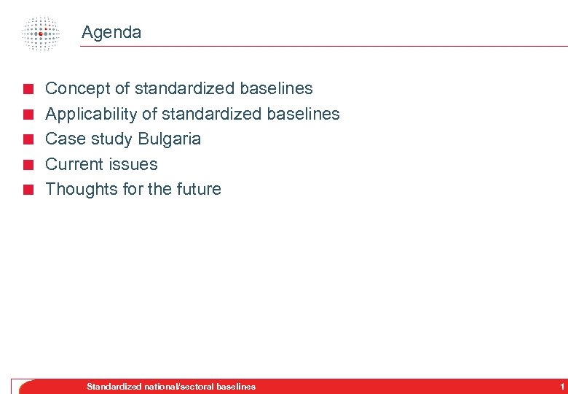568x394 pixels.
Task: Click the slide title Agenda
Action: click(111, 32)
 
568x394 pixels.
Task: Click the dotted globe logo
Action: click(40, 33)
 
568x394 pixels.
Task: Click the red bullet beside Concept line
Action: click(27, 90)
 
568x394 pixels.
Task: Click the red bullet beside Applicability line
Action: click(27, 115)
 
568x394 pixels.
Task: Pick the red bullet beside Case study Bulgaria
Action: click(27, 140)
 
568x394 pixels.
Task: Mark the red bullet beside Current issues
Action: click(27, 165)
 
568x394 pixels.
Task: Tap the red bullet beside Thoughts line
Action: click(27, 190)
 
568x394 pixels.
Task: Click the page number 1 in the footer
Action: click(561, 386)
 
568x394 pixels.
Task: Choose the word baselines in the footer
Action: click(236, 386)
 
